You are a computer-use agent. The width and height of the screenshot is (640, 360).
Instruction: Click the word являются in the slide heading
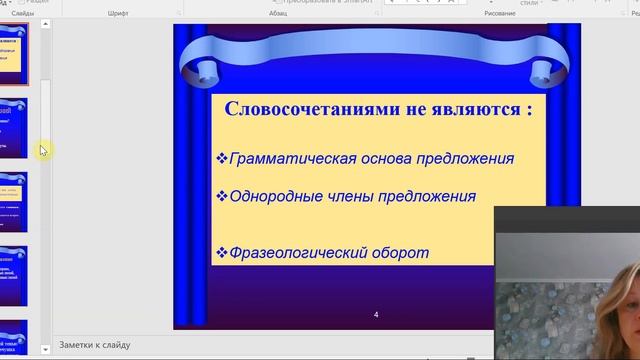(476, 109)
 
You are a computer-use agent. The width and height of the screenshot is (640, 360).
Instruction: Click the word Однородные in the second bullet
(274, 196)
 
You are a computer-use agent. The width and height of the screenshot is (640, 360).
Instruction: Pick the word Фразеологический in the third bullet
(295, 252)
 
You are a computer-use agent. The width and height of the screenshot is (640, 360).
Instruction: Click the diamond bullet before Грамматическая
(222, 158)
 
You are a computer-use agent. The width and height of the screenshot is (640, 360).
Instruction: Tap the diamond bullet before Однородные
(222, 196)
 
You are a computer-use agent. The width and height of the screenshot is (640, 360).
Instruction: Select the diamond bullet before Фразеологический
(222, 252)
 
